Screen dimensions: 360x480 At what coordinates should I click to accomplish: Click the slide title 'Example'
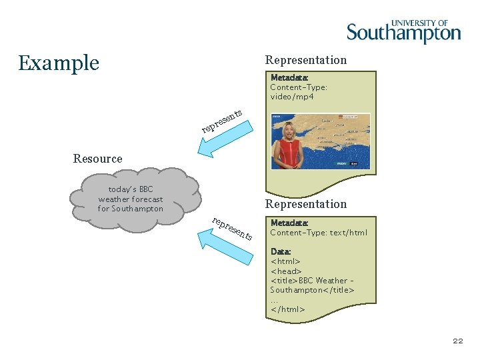click(x=59, y=63)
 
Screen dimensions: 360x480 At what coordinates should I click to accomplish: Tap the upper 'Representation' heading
click(x=306, y=60)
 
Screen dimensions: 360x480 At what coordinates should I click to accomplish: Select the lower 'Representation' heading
click(x=306, y=204)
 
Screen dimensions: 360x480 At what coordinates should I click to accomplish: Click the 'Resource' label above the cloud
click(x=97, y=159)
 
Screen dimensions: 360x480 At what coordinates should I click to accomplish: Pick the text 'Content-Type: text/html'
click(x=319, y=233)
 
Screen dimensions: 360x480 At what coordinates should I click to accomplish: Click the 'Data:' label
click(x=281, y=251)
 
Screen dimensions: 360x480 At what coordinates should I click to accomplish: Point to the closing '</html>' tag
click(x=287, y=309)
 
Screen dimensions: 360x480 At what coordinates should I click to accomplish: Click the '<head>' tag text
click(x=286, y=271)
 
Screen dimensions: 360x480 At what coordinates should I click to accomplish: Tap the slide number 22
click(x=457, y=341)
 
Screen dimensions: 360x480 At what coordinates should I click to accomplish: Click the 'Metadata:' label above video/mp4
click(x=289, y=77)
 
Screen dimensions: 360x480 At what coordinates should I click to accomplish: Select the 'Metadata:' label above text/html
click(x=289, y=223)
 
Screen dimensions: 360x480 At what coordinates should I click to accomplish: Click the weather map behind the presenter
click(x=340, y=133)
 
